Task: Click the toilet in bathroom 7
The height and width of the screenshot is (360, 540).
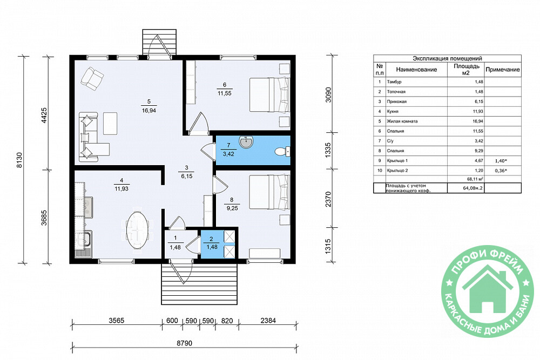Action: click(283, 152)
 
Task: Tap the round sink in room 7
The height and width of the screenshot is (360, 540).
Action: click(246, 142)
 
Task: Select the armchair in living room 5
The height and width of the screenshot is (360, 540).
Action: click(92, 79)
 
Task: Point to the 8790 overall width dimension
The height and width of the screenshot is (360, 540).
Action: click(184, 343)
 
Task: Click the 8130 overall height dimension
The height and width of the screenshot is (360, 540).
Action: click(19, 160)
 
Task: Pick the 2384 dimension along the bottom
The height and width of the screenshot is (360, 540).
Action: click(268, 321)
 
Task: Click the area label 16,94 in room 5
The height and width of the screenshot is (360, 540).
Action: click(149, 111)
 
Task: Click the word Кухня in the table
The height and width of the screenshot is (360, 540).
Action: click(393, 112)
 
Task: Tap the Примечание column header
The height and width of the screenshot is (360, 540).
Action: click(502, 70)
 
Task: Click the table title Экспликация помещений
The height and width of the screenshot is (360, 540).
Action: click(447, 58)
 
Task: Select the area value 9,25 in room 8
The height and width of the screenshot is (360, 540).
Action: click(232, 208)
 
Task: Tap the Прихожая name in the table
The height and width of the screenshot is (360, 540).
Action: click(397, 101)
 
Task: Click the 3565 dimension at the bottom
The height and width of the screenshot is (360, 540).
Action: click(117, 321)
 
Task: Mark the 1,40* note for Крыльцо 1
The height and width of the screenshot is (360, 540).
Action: click(502, 161)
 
